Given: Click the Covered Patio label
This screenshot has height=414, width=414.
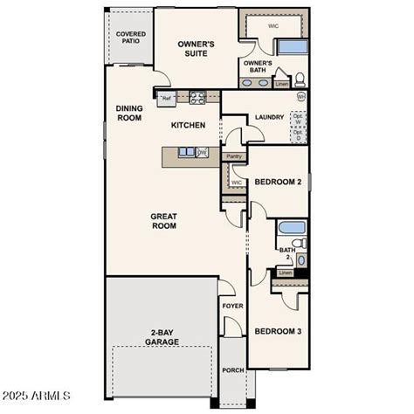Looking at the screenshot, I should (x=130, y=38).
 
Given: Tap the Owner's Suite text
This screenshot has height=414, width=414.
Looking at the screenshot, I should (x=197, y=47).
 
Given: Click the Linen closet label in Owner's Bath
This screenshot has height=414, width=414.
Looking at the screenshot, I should (x=281, y=85).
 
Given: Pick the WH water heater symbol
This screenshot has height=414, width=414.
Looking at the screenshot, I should (x=301, y=96).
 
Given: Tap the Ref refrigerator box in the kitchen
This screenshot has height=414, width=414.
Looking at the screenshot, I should (x=166, y=100).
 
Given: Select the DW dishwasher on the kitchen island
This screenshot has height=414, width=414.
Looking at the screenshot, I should (x=203, y=153).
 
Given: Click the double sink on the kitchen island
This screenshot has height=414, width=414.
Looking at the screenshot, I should (x=187, y=153).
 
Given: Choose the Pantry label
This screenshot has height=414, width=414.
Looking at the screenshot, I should (x=232, y=157).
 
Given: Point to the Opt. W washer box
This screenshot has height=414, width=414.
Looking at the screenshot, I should (x=299, y=118).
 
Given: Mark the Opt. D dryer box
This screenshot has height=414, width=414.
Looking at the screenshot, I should (x=299, y=135).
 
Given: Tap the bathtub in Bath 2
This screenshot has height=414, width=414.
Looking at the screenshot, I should (x=292, y=229).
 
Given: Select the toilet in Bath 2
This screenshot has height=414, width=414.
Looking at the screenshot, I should (x=297, y=244).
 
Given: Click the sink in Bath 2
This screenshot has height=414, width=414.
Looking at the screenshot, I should (x=300, y=259).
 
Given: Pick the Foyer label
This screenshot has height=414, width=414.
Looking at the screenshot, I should (x=231, y=307).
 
